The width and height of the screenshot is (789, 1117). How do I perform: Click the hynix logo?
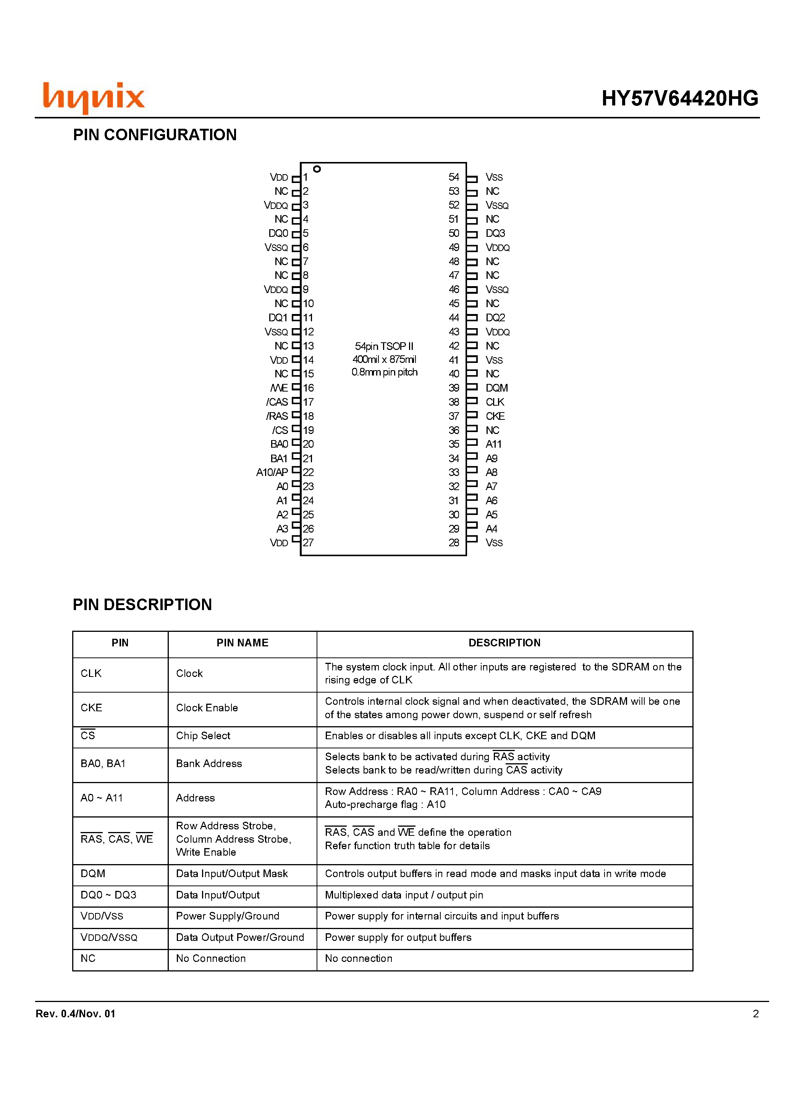94,97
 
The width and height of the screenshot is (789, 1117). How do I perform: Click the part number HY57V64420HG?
679,98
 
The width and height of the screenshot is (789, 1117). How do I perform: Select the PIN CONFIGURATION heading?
155,135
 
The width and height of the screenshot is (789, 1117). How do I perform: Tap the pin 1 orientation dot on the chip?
317,169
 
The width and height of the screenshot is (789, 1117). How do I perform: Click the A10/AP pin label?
272,473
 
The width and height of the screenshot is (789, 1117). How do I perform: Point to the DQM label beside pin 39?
496,388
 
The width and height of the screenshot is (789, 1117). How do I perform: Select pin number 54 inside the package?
453,177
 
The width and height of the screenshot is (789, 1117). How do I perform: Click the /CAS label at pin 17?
277,402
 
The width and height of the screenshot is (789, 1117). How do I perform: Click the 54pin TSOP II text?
384,346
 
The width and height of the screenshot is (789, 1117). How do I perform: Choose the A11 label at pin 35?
493,444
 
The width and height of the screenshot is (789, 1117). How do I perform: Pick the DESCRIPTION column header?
504,643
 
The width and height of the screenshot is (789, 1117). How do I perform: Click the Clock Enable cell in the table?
207,708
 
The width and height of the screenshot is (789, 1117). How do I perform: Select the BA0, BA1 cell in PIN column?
103,763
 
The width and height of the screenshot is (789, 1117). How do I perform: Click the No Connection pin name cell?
211,958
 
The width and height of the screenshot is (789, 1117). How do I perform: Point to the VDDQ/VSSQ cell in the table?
109,937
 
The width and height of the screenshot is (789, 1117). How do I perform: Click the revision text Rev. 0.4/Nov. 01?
75,1014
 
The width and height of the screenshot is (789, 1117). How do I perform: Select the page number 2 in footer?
755,1014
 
